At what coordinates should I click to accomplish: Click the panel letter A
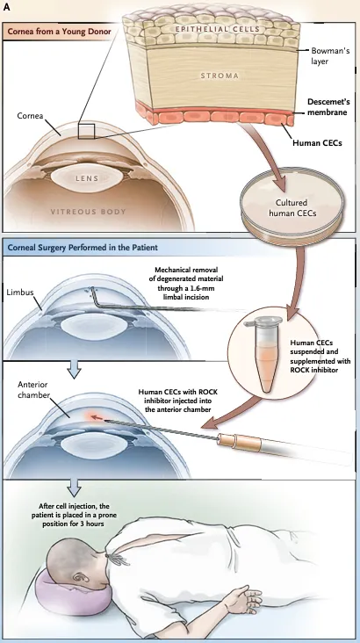(x=6, y=7)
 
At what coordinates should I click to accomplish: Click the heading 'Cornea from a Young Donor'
(x=59, y=32)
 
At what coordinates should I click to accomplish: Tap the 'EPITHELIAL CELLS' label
(x=217, y=29)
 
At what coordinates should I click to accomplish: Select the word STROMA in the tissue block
(x=220, y=76)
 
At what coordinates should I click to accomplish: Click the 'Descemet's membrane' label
(x=328, y=106)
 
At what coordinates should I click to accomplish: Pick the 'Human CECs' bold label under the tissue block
(x=317, y=142)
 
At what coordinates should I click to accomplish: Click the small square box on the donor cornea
(x=87, y=131)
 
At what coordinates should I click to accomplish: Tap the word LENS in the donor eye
(x=87, y=178)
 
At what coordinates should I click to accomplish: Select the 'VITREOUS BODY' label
(x=88, y=212)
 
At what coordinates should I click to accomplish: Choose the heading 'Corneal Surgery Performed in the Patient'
(x=83, y=248)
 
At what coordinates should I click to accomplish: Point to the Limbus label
(x=20, y=293)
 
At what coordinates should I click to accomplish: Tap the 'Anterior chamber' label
(x=32, y=389)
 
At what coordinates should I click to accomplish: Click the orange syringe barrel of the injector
(x=240, y=442)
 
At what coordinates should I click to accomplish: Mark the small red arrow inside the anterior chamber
(x=97, y=418)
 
